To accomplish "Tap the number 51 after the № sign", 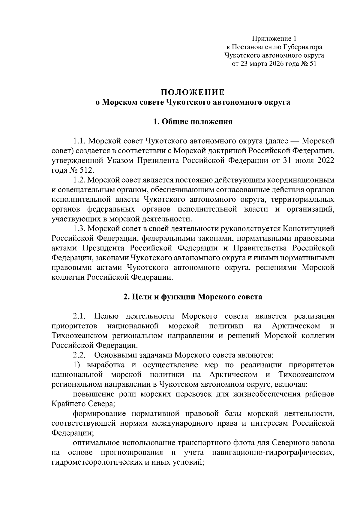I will [x=312, y=64].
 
